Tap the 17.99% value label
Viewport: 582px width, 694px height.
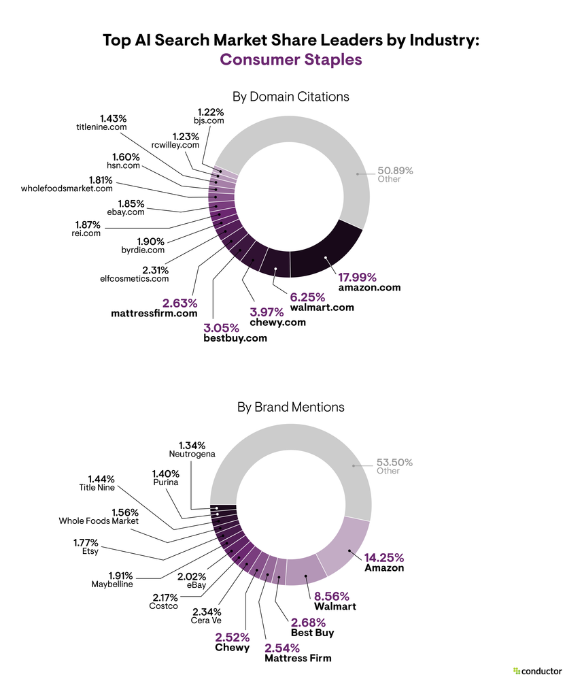click(x=357, y=277)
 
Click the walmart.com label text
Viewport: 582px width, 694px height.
click(x=322, y=308)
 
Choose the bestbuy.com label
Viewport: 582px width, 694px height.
click(x=235, y=337)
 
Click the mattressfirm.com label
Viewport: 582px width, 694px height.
click(x=154, y=314)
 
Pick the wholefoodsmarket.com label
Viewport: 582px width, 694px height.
click(x=67, y=188)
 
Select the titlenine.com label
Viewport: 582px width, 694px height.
click(x=101, y=127)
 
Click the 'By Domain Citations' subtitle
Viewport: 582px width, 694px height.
click(x=290, y=97)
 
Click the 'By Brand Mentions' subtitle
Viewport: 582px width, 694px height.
click(x=290, y=407)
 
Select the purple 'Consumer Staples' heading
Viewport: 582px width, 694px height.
click(x=290, y=60)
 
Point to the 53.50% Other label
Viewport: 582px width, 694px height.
click(x=394, y=462)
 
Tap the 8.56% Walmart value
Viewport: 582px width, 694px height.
click(x=333, y=595)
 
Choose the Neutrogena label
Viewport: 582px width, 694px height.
click(x=192, y=453)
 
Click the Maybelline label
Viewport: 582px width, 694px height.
click(x=112, y=584)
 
